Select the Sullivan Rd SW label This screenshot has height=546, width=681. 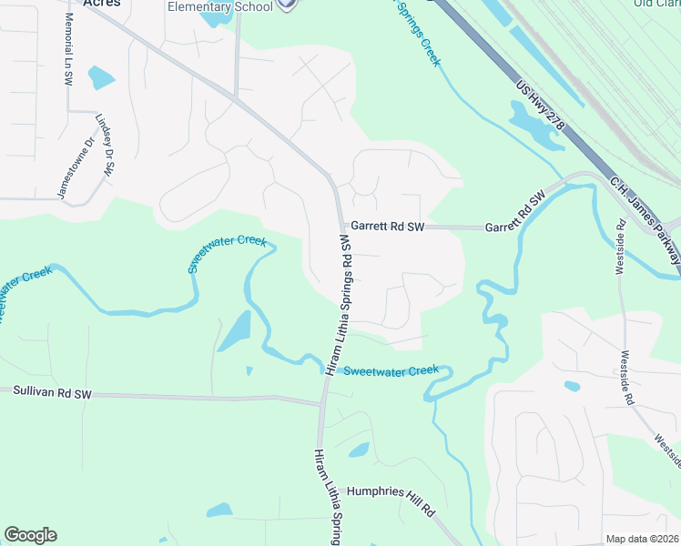click(x=53, y=392)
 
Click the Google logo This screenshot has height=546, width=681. click(x=30, y=535)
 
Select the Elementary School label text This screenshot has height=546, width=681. click(x=220, y=7)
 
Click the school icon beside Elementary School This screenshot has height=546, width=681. click(x=288, y=5)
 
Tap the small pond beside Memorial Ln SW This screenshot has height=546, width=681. click(x=101, y=77)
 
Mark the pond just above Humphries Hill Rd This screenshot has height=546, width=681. click(x=359, y=450)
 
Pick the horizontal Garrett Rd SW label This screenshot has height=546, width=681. click(x=388, y=227)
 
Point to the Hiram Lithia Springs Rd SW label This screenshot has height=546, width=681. click(x=338, y=304)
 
